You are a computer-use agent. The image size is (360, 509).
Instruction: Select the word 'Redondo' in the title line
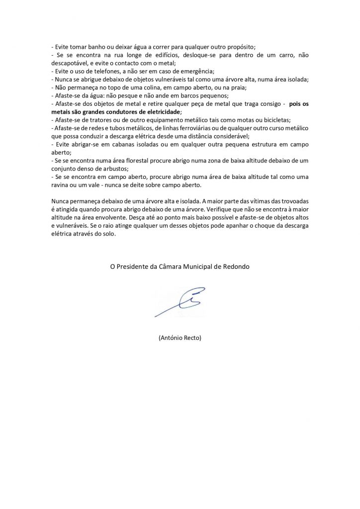[x=237, y=267]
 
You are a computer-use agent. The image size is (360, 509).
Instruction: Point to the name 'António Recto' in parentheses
[x=180, y=338]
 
